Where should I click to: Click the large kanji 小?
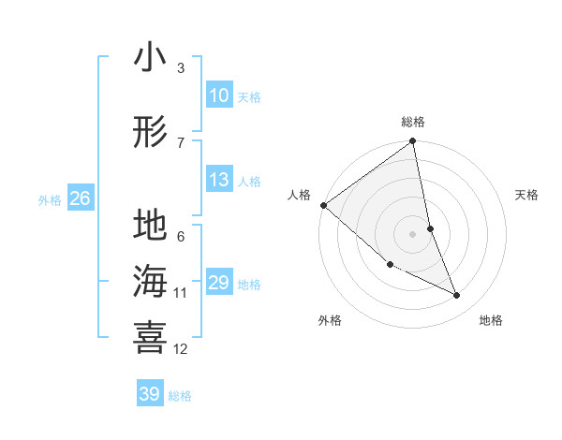click(150, 58)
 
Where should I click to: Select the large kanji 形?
click(150, 132)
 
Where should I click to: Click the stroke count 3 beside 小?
click(181, 67)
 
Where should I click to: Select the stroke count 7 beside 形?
click(181, 142)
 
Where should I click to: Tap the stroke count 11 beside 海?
click(181, 293)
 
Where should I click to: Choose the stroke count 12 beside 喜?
click(181, 349)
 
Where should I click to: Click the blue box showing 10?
click(219, 95)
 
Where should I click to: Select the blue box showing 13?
click(219, 180)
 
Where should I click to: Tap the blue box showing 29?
click(219, 283)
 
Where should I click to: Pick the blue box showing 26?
click(80, 198)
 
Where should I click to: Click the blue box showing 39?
click(150, 394)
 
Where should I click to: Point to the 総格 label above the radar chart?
click(413, 122)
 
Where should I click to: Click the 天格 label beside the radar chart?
click(526, 195)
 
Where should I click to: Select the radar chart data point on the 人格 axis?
click(323, 205)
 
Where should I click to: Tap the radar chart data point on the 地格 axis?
click(457, 295)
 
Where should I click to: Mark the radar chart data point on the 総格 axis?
click(413, 142)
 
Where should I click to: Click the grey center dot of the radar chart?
click(413, 233)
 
